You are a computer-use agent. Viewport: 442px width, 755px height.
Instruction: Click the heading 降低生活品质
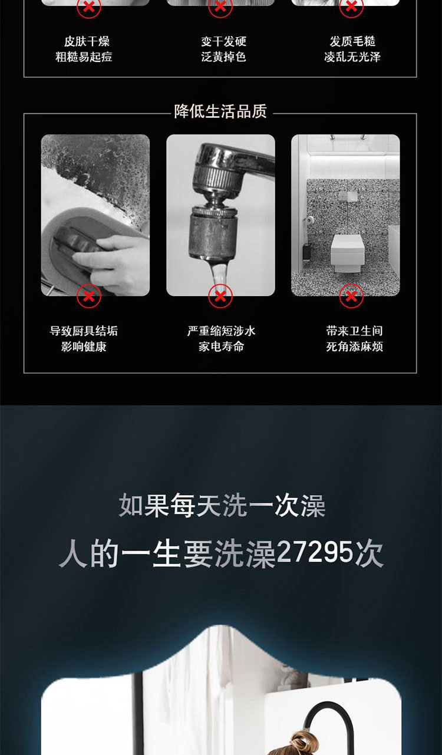[x=220, y=111]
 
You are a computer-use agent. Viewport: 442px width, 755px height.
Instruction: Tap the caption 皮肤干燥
[x=87, y=41]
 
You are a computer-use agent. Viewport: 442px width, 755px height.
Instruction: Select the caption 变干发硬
[x=223, y=41]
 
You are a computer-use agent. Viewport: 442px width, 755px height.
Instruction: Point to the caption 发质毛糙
[x=352, y=41]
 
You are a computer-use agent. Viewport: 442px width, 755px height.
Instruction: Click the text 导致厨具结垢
[x=84, y=331]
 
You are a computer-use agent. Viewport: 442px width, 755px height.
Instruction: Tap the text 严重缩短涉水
[x=221, y=331]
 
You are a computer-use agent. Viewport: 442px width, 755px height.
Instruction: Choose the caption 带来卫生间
[x=354, y=331]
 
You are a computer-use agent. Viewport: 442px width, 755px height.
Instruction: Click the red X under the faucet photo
[x=220, y=296]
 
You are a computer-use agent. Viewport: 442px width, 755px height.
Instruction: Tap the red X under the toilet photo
[x=351, y=296]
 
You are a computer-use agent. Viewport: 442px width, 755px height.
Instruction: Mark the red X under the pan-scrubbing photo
[x=88, y=296]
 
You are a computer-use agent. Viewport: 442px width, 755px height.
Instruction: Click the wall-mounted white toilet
[x=347, y=253]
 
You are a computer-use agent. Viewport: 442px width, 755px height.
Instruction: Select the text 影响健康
[x=84, y=347]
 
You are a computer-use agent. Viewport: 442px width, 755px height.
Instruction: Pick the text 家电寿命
[x=221, y=347]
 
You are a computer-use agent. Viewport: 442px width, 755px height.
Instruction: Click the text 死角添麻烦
[x=354, y=347]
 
